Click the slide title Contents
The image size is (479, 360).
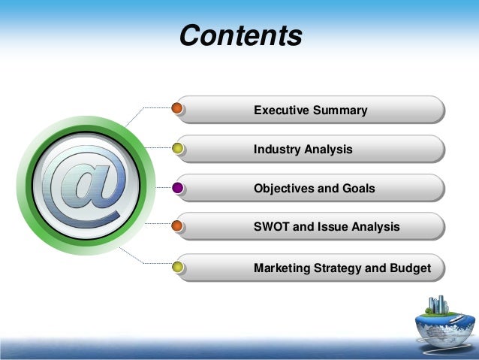(x=240, y=35)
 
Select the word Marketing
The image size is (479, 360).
(x=282, y=268)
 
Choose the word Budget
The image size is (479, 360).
(x=411, y=268)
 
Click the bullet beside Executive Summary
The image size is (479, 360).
(x=178, y=109)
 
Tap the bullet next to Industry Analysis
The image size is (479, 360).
(x=178, y=148)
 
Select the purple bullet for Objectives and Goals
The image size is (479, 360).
(x=178, y=187)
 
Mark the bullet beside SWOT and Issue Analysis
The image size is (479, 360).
(x=178, y=225)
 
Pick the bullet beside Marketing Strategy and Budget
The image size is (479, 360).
(x=178, y=267)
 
